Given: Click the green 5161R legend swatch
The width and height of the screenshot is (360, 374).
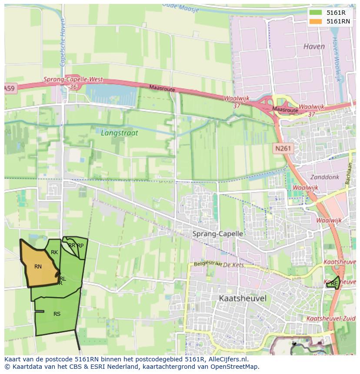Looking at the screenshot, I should click(x=316, y=13).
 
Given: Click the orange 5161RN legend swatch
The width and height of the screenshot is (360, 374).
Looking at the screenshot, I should click(x=316, y=21).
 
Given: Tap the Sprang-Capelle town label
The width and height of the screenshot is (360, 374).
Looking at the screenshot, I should click(x=217, y=234).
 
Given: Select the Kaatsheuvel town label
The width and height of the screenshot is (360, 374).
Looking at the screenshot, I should click(x=243, y=298).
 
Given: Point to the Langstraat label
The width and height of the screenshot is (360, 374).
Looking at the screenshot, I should click(x=119, y=133).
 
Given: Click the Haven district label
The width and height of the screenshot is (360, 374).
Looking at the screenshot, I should click(x=314, y=46).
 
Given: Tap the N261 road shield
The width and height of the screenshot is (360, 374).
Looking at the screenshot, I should click(x=284, y=149).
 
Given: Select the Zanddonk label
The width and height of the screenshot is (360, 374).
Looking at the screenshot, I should click(x=324, y=177).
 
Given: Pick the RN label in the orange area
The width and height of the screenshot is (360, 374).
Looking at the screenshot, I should click(x=38, y=266).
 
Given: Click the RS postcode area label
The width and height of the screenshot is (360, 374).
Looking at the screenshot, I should click(x=57, y=314).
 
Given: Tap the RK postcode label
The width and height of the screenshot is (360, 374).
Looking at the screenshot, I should click(x=54, y=252).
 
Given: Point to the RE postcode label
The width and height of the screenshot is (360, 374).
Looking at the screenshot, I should click(x=334, y=284).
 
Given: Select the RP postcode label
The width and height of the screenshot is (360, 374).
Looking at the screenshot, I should click(x=80, y=245).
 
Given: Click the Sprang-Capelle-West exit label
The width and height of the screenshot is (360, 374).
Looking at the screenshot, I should click(x=73, y=79).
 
